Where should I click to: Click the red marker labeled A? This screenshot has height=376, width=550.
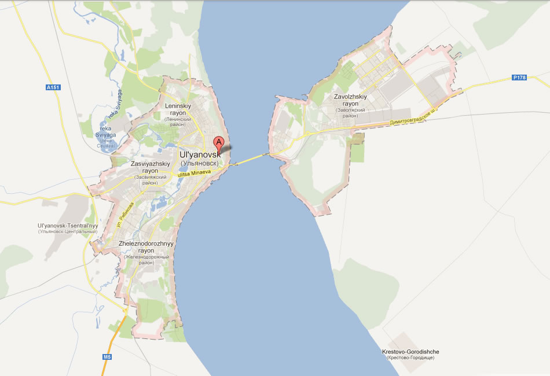[219, 143]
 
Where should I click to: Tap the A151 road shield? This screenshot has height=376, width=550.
[53, 87]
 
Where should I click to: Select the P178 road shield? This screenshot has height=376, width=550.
[519, 78]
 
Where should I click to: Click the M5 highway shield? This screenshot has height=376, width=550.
[107, 357]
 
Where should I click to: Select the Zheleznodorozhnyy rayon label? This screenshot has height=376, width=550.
[146, 247]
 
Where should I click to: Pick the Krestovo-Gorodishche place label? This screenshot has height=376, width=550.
[410, 352]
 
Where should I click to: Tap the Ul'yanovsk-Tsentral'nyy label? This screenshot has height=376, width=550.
[67, 225]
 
